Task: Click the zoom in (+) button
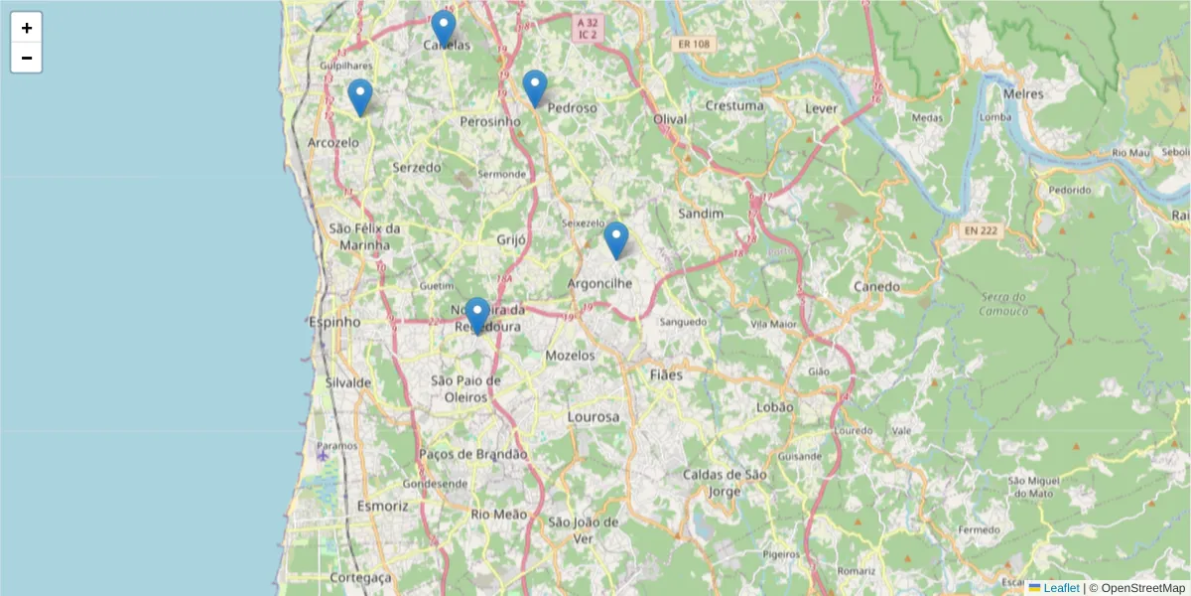[27, 28]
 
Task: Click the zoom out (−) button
[27, 58]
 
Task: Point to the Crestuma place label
[734, 105]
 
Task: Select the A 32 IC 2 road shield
[588, 28]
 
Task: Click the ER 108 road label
[695, 45]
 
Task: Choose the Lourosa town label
[593, 416]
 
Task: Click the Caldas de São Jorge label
[726, 483]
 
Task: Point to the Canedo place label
[876, 287]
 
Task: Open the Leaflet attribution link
[1061, 588]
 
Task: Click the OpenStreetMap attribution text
[1136, 588]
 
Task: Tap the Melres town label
[1024, 93]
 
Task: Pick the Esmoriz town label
[383, 506]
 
